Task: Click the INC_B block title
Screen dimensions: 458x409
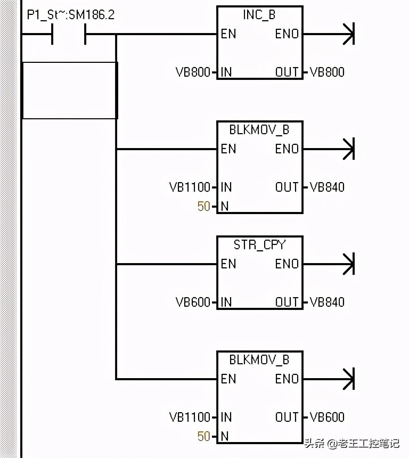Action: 259,15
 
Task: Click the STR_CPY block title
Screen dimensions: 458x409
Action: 259,245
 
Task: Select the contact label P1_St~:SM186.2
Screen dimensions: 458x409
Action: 70,15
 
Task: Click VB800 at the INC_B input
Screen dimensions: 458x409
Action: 193,72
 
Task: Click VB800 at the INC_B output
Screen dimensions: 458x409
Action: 327,72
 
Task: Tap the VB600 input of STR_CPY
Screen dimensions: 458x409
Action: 193,302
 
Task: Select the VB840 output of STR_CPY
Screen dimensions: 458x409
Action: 327,302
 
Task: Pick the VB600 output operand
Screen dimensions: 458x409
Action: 327,417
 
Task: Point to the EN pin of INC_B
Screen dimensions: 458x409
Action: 228,34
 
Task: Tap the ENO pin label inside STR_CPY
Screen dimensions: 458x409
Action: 287,264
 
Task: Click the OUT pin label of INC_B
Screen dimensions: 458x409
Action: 287,72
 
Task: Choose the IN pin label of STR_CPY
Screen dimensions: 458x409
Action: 226,302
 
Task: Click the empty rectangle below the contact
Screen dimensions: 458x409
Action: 70,90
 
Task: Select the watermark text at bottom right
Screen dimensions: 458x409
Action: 351,443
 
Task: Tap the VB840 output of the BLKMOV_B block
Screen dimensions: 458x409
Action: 327,187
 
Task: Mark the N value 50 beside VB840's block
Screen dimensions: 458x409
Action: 203,206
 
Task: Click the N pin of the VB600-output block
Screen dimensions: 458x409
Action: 225,436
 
